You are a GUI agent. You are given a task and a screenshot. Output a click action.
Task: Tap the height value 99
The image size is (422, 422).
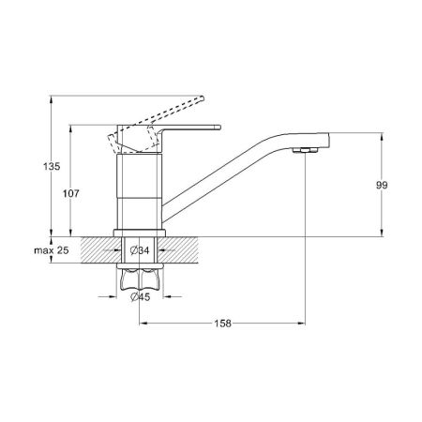(x=381, y=186)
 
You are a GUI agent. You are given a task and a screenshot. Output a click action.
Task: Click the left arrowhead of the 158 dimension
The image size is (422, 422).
(x=143, y=324)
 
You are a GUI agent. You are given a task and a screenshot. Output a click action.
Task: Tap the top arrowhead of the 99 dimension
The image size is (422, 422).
(x=380, y=136)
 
